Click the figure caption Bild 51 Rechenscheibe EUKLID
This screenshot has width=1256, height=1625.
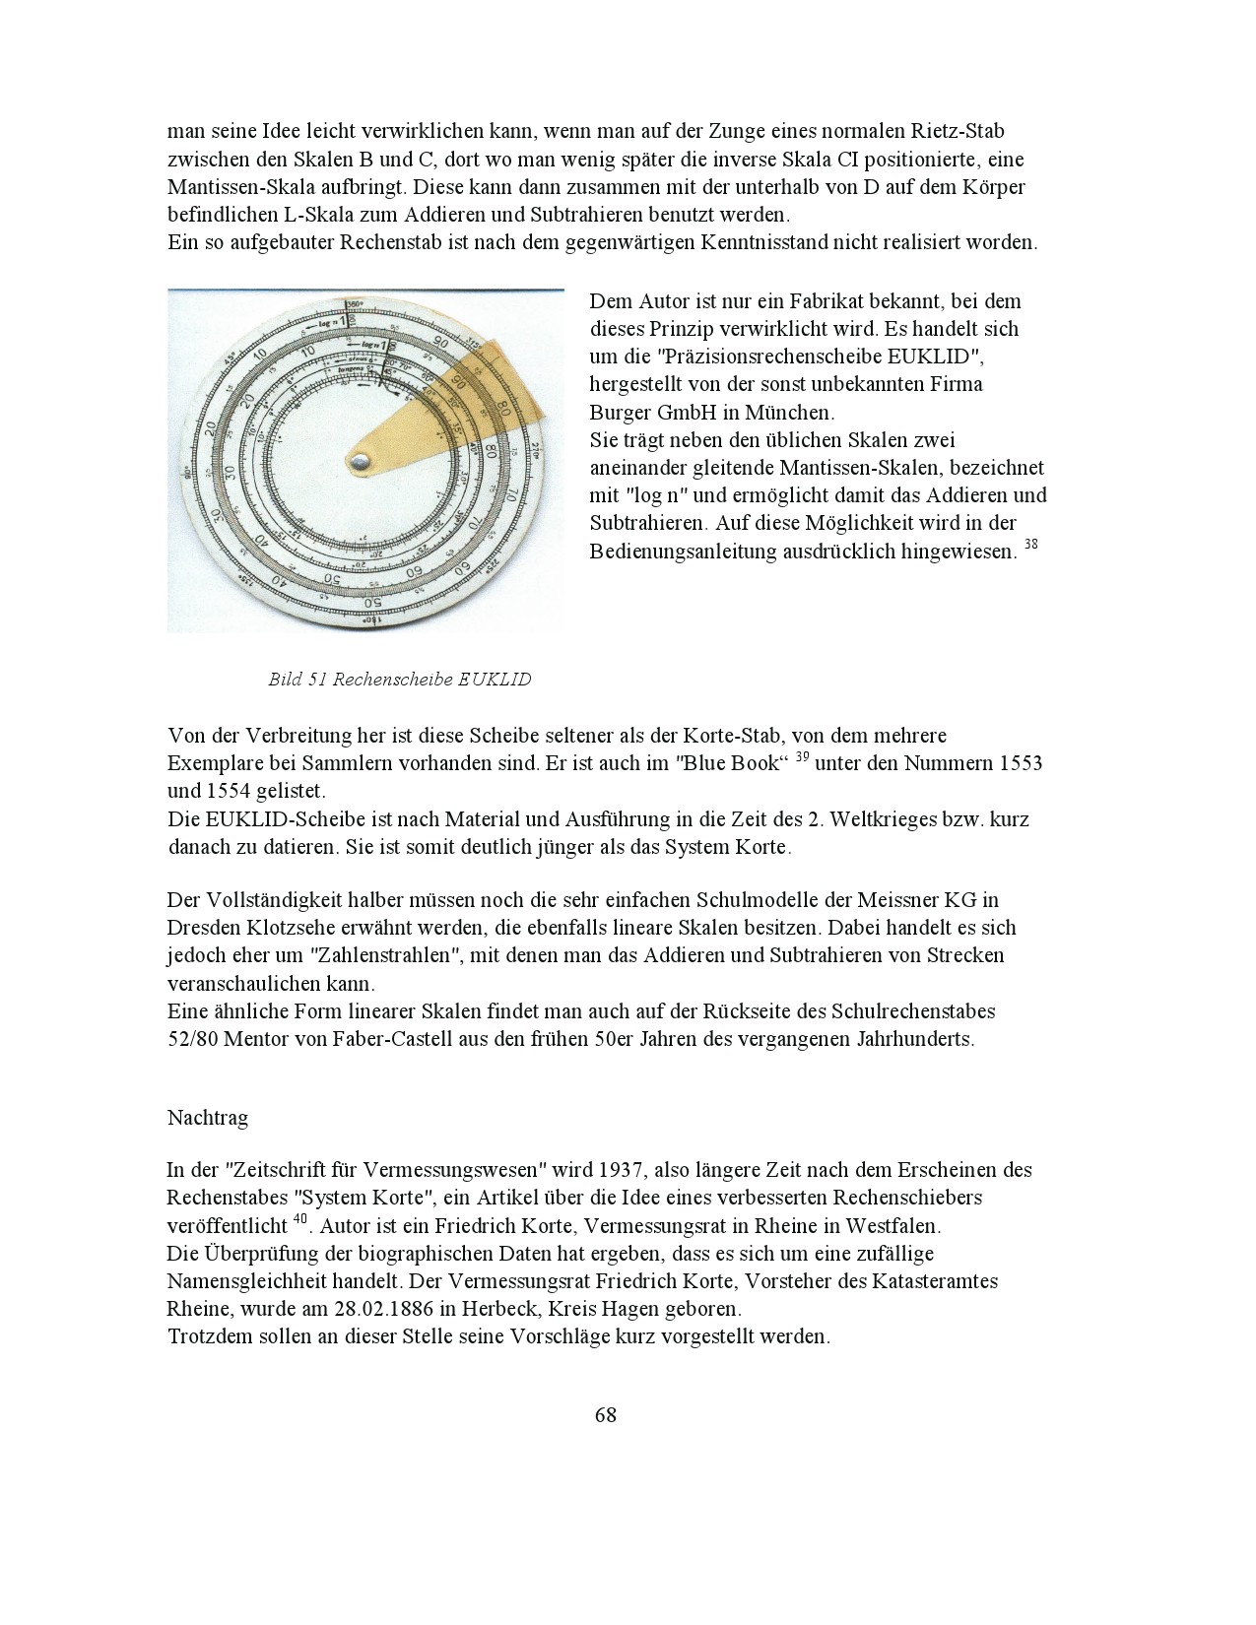click(x=399, y=680)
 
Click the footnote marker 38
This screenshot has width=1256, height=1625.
click(x=1030, y=544)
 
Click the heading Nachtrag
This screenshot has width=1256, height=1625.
click(x=208, y=1118)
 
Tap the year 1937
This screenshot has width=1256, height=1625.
click(x=622, y=1171)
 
